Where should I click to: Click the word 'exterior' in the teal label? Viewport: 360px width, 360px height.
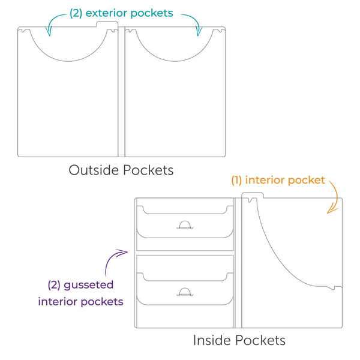tap(107, 13)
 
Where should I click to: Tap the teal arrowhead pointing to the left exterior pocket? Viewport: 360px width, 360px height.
tap(49, 31)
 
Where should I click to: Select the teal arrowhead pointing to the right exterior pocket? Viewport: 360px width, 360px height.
tap(199, 31)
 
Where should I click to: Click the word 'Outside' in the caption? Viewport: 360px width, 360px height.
tap(94, 170)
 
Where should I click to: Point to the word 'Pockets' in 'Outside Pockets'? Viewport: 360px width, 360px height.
tap(148, 170)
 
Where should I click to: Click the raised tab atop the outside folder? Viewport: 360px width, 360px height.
tap(107, 24)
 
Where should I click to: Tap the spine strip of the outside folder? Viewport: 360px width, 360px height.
tap(121, 92)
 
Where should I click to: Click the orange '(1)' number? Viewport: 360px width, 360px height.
tap(236, 180)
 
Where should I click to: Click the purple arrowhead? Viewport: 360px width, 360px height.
tap(123, 253)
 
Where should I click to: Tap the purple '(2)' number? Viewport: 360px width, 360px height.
tap(54, 285)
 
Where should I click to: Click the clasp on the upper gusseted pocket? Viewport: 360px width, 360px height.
tap(185, 225)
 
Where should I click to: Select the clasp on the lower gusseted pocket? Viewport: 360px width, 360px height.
tap(185, 292)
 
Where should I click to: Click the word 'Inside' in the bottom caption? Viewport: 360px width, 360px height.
tap(211, 340)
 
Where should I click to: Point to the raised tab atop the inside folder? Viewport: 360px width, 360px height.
tap(253, 195)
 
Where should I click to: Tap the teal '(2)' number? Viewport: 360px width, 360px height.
tap(76, 13)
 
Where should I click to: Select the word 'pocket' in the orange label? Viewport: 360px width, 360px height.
tap(306, 181)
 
